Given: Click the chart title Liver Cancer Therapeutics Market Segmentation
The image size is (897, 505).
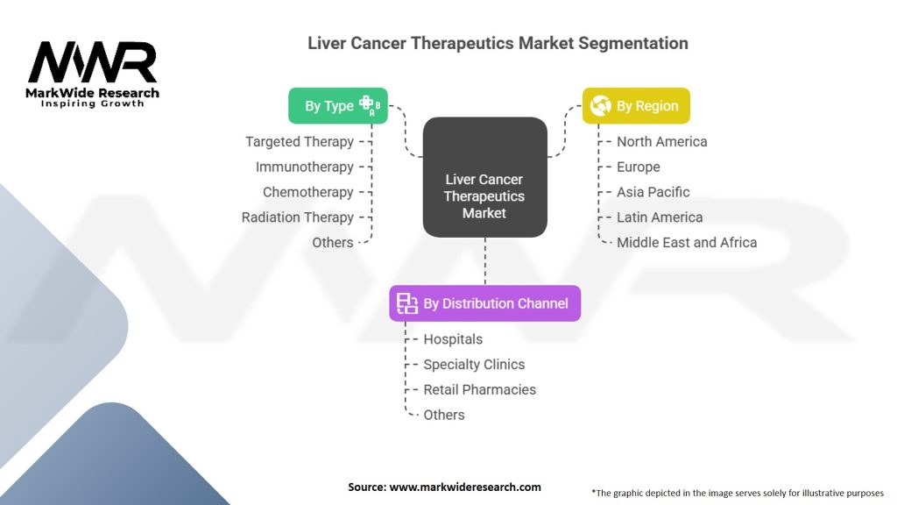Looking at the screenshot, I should tap(498, 43).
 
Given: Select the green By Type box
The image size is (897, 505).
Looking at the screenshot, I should tap(338, 106).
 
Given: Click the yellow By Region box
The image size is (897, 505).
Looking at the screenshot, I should tap(636, 106).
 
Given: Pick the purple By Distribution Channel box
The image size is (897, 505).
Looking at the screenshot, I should tap(484, 303).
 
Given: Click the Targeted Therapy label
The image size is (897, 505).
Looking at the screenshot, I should tap(300, 141).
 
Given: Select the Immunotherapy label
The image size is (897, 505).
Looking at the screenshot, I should tap(305, 167).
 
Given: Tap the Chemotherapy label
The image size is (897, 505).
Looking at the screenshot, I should tap(308, 192).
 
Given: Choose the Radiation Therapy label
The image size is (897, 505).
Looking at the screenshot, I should tap(298, 217).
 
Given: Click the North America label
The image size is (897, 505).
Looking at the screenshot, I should tap(661, 141).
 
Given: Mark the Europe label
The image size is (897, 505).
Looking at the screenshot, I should tap(639, 167).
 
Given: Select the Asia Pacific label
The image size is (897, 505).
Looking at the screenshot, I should tap(653, 192).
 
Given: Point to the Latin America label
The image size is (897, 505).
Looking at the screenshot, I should tap(660, 217).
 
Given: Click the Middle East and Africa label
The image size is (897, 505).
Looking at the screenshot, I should tap(687, 243).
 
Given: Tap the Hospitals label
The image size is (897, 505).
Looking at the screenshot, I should tap(453, 339).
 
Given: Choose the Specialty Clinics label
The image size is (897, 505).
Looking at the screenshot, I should tap(474, 365).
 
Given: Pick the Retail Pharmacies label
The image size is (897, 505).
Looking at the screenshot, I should tap(479, 389).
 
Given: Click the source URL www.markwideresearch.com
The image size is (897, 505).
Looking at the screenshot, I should tap(465, 487).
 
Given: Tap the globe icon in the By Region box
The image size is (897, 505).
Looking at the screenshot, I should tap(600, 106).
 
